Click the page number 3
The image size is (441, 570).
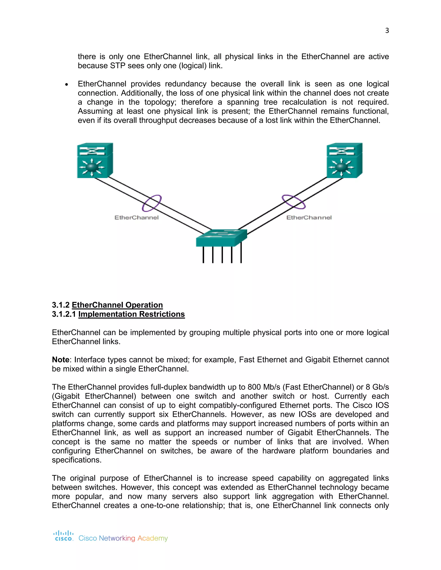[x=387, y=31]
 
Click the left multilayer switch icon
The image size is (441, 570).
[x=95, y=160]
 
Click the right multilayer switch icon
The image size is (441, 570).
[x=344, y=160]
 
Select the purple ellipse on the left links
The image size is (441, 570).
[x=152, y=203]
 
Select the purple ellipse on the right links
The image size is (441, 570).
[x=294, y=202]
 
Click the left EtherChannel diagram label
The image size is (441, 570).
[x=136, y=217]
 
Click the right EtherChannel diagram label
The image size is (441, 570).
[x=309, y=217]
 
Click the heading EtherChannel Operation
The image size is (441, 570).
[x=117, y=305]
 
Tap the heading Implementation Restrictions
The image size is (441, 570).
[x=131, y=314]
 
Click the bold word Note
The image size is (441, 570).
[x=61, y=360]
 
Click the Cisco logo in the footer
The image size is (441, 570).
[x=63, y=536]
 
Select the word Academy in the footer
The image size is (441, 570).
[x=153, y=538]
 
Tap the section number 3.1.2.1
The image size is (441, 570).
[x=64, y=314]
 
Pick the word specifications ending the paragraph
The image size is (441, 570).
[x=76, y=460]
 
